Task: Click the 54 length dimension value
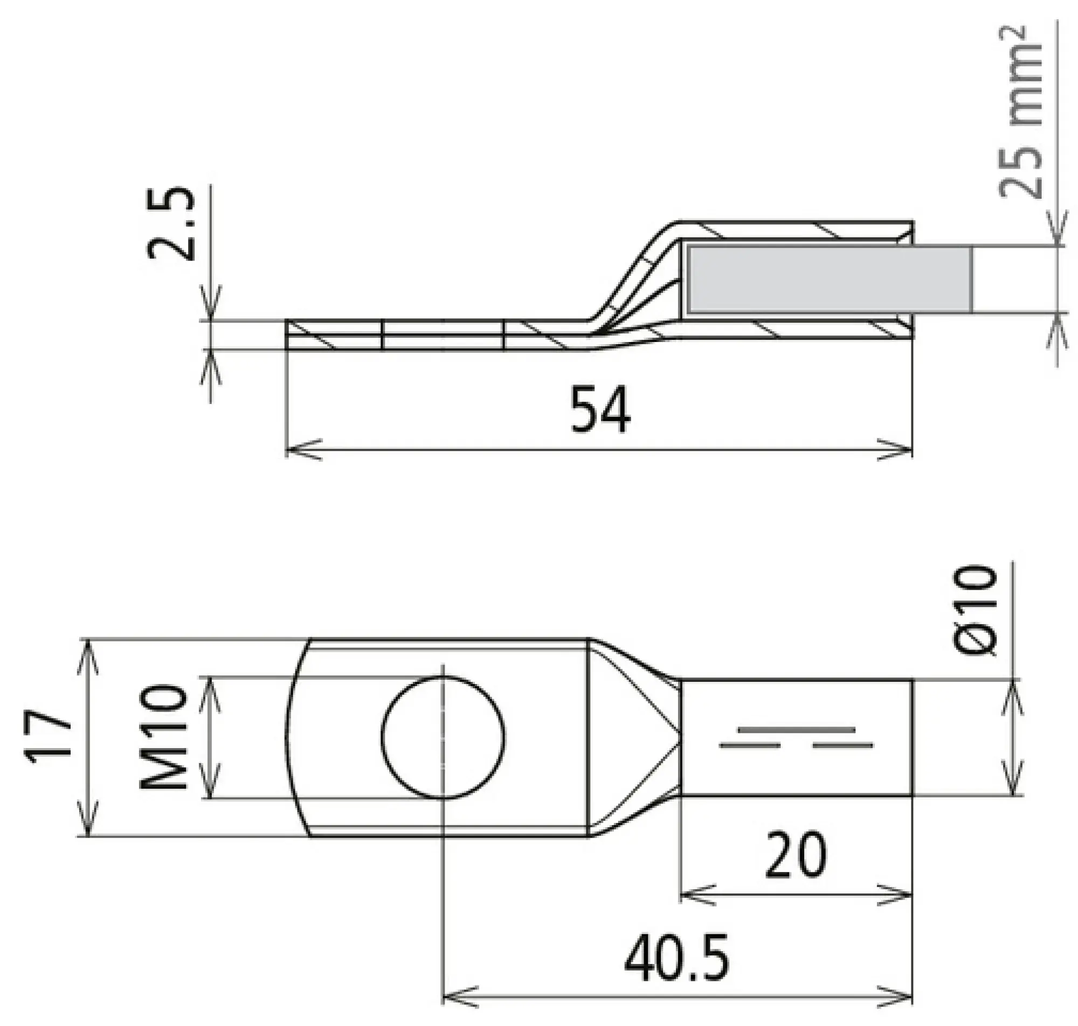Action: pos(600,410)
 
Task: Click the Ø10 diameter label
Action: pos(975,611)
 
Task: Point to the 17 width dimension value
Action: pos(48,734)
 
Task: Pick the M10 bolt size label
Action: pos(163,738)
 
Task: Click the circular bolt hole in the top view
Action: pos(443,737)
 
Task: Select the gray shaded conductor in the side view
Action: pos(829,280)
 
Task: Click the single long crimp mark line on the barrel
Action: pos(796,729)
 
